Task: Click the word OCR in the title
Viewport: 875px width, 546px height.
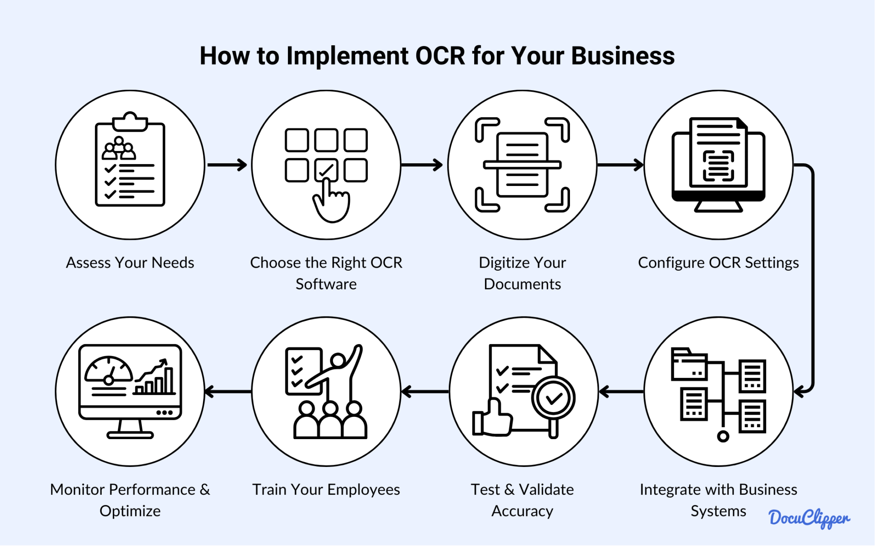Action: pyautogui.click(x=440, y=56)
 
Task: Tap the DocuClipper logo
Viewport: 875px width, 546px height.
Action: pyautogui.click(x=809, y=518)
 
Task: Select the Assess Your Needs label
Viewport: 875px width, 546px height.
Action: pyautogui.click(x=130, y=263)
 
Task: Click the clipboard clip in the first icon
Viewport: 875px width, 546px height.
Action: pyautogui.click(x=130, y=122)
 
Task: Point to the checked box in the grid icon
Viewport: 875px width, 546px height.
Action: pyautogui.click(x=326, y=170)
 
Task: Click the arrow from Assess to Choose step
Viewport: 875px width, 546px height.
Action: pyautogui.click(x=227, y=165)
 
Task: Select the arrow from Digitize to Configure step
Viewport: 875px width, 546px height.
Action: pyautogui.click(x=620, y=165)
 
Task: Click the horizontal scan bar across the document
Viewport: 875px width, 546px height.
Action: pyautogui.click(x=522, y=165)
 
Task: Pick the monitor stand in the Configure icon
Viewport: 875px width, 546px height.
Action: pyautogui.click(x=718, y=207)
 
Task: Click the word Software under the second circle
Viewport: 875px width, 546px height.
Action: pyautogui.click(x=326, y=284)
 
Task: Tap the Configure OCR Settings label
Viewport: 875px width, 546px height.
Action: pyautogui.click(x=718, y=263)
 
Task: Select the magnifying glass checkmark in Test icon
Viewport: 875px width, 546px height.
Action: pyautogui.click(x=554, y=398)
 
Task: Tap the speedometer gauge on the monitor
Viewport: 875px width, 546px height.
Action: pyautogui.click(x=109, y=370)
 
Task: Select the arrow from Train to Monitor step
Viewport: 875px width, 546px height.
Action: pyautogui.click(x=228, y=391)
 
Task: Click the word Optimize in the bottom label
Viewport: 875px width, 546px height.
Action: pyautogui.click(x=130, y=511)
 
